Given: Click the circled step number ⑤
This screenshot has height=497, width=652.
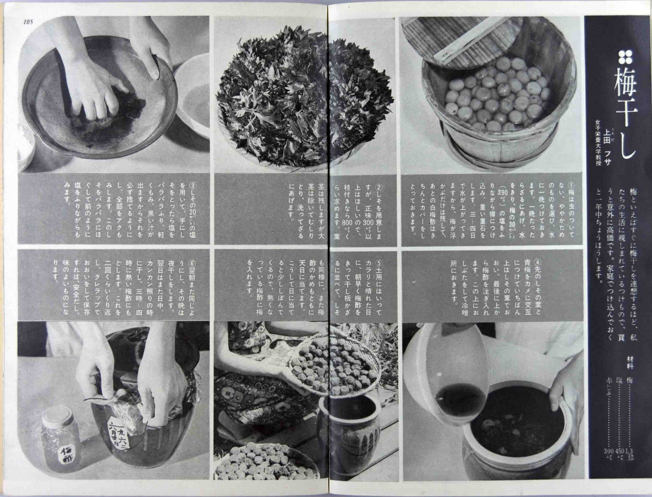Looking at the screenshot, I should pos(379,263).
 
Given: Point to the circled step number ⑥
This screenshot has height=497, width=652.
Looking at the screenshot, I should pos(192,263).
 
